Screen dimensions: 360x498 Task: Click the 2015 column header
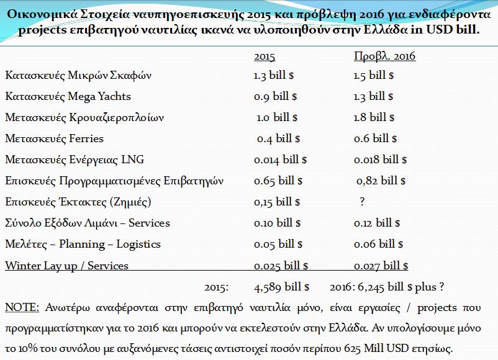[265, 56]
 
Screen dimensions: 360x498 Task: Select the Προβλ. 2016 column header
[384, 56]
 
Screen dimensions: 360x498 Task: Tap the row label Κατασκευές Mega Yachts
[68, 97]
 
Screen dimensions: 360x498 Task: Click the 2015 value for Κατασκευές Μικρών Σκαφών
[274, 76]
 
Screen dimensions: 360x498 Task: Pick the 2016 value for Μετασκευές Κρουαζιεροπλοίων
[375, 117]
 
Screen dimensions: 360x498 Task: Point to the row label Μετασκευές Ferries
[54, 138]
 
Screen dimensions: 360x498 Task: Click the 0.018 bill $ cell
[381, 160]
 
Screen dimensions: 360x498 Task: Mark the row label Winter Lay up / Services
[66, 266]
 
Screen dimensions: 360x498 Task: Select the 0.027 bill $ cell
[381, 266]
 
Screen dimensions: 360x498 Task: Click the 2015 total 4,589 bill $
[282, 287]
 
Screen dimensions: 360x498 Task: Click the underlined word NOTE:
[22, 307]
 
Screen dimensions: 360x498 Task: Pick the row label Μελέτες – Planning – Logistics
[83, 245]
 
